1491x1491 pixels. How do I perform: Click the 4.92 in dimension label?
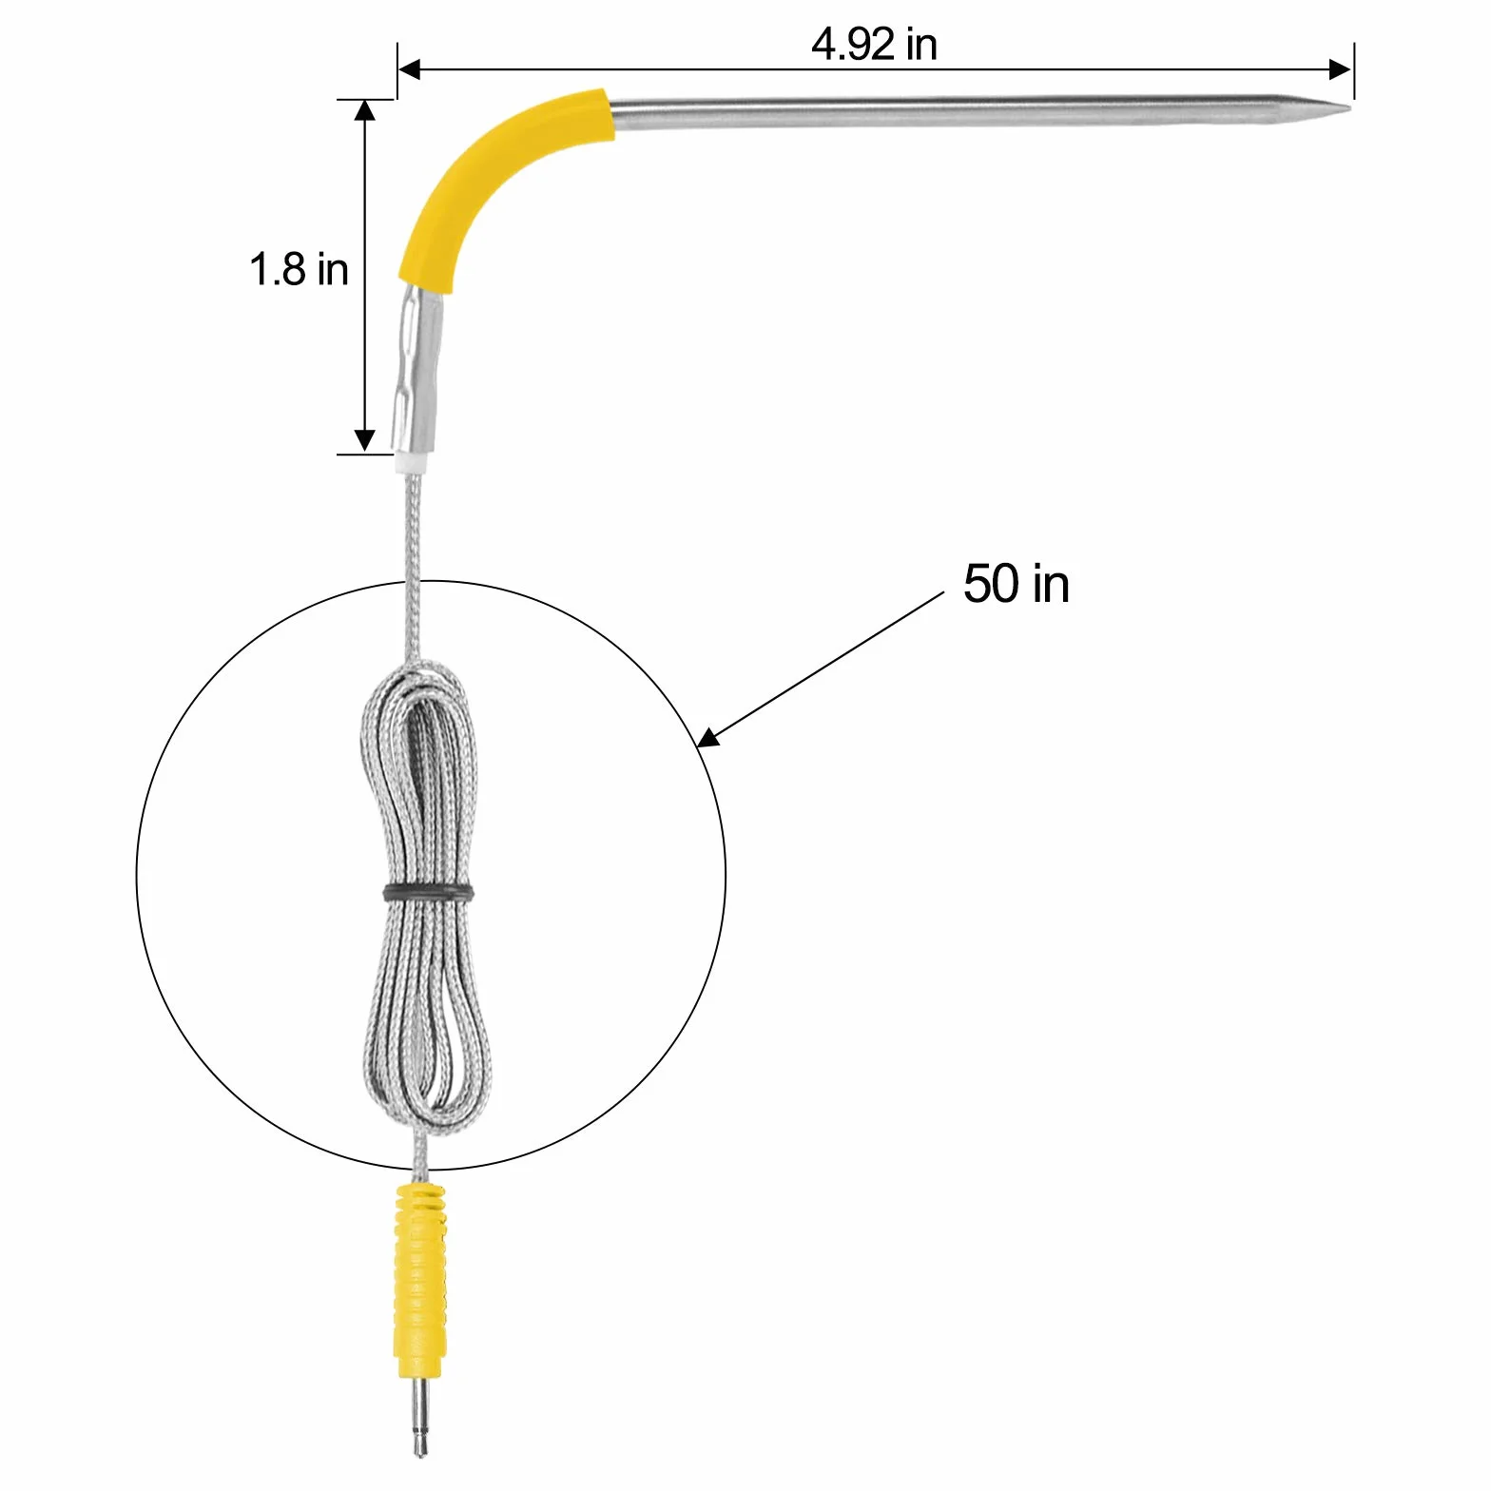(x=874, y=44)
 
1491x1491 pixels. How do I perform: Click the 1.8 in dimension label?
(x=299, y=269)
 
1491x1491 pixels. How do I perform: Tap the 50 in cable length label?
(x=1017, y=583)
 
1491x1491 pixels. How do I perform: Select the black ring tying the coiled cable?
(x=428, y=892)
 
